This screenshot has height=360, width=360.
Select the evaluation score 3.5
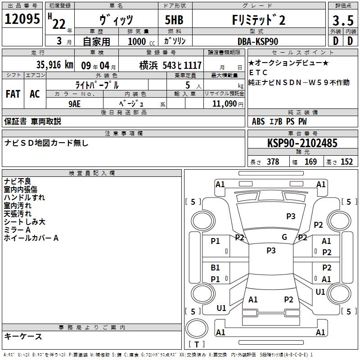pyautogui.click(x=342, y=20)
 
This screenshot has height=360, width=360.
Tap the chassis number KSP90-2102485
pyautogui.click(x=302, y=143)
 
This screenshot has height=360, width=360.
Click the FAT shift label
pyautogui.click(x=13, y=94)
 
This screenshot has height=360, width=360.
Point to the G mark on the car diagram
pyautogui.click(x=284, y=237)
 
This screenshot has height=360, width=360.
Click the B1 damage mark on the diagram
pyautogui.click(x=216, y=268)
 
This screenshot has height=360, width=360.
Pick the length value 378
pyautogui.click(x=272, y=162)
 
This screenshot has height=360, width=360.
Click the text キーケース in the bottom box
pyautogui.click(x=23, y=337)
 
